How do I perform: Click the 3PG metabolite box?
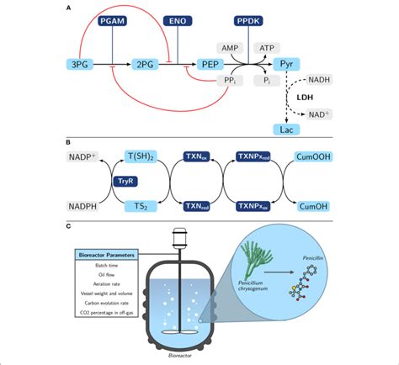[x=82, y=63]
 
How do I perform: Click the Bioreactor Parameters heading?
[x=104, y=252]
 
